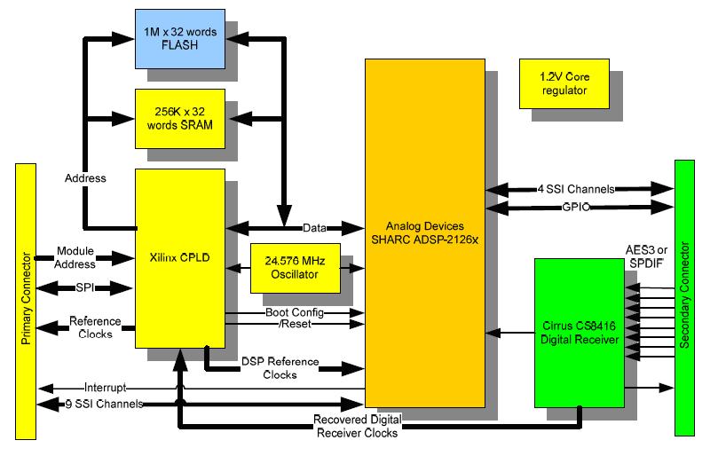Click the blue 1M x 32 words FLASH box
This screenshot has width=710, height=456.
pos(180,39)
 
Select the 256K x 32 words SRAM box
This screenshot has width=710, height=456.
pos(180,119)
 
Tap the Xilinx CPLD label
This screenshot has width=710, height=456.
pos(180,257)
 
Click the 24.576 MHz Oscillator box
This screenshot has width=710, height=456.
pos(296,268)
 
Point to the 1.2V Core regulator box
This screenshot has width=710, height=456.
pos(564,83)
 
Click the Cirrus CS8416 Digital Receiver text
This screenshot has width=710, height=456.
pos(580,333)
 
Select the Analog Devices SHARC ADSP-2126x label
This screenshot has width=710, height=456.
pos(425,232)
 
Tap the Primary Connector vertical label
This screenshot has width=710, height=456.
pos(26,298)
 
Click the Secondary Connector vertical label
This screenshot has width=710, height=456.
pos(684,295)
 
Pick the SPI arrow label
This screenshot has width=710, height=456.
pos(85,287)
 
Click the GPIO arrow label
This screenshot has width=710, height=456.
pos(576,208)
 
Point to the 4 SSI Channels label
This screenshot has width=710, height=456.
pos(576,189)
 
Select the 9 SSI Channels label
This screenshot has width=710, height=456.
pos(104,404)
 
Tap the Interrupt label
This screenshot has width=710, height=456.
pos(105,388)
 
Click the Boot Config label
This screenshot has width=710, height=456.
pos(295,312)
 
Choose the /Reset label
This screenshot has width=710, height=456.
pos(295,324)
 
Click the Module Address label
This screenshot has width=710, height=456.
pos(75,257)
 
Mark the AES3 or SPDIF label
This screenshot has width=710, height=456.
pos(646,256)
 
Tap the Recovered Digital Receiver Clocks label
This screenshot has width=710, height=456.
pos(358,426)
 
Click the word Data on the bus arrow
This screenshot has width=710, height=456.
pos(314,228)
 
